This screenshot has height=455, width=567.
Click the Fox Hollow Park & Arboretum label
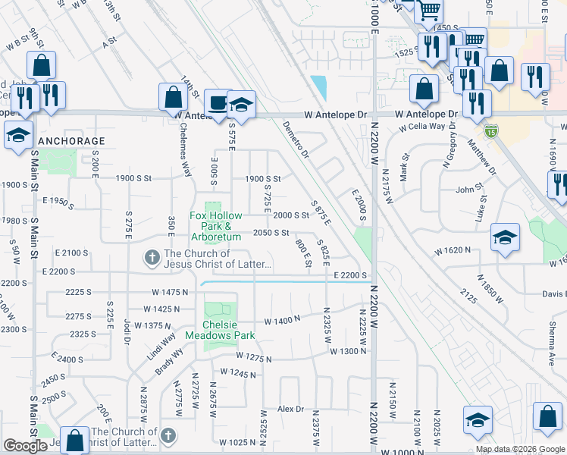[215, 226]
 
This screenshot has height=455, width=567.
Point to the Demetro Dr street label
[295, 142]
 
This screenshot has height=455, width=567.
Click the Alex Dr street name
[290, 409]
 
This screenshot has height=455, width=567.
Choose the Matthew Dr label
[482, 157]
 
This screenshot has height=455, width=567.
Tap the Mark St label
[405, 166]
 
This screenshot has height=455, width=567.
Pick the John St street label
[469, 190]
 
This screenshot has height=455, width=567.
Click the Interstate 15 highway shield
[492, 131]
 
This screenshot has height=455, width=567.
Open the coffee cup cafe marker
[218, 103]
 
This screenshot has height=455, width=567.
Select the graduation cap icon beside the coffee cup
[241, 106]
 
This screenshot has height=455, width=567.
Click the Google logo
[25, 447]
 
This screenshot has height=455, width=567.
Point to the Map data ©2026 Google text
[520, 449]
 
